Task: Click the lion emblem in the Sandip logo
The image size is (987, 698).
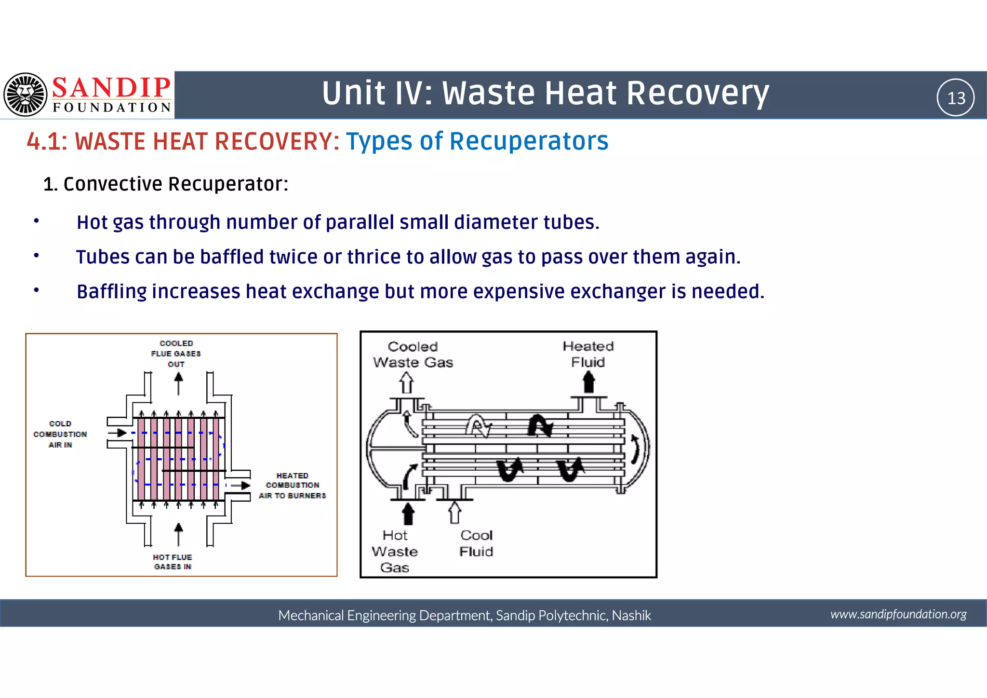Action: [x=25, y=95]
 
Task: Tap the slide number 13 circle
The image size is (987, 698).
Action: [x=955, y=98]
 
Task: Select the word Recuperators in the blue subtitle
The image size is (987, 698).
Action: [x=529, y=141]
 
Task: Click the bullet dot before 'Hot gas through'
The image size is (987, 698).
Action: [x=36, y=221]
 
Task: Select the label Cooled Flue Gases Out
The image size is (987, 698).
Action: [x=176, y=354]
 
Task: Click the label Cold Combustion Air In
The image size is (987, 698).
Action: [x=60, y=434]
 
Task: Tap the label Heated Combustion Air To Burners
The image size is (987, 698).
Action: [x=292, y=486]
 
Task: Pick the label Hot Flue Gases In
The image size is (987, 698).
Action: [x=173, y=562]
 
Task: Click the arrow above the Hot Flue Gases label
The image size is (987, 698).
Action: [x=178, y=534]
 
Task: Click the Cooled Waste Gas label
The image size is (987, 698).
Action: [x=413, y=355]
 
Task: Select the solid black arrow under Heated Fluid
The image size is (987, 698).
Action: [x=588, y=383]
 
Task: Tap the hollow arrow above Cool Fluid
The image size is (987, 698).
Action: [x=454, y=512]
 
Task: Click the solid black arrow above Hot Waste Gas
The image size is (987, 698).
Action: [x=408, y=513]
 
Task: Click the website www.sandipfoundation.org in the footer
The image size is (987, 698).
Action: [x=898, y=614]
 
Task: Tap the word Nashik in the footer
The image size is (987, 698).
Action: [x=631, y=616]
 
